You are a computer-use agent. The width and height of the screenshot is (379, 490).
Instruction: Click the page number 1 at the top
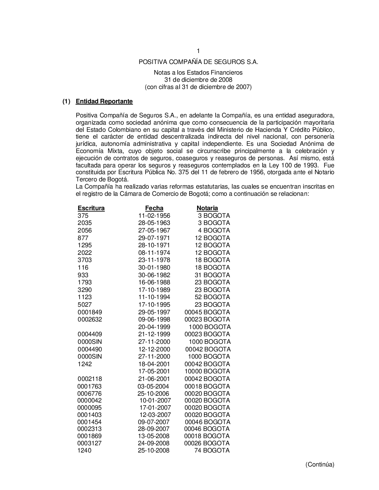click(198, 51)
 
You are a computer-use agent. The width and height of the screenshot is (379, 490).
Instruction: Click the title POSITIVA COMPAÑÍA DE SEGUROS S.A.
click(198, 62)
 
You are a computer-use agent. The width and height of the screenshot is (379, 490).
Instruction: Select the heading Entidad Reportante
click(104, 101)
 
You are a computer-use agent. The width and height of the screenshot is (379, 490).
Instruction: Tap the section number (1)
click(67, 101)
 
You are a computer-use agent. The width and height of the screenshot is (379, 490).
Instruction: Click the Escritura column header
click(91, 208)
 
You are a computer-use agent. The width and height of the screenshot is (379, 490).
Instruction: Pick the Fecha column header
click(154, 208)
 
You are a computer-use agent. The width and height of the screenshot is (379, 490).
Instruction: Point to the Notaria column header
click(207, 208)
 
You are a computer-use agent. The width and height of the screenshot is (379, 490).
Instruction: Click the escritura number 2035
click(85, 223)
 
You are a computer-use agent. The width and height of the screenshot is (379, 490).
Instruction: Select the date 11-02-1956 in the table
click(154, 216)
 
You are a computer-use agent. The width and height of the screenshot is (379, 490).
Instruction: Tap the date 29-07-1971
click(154, 238)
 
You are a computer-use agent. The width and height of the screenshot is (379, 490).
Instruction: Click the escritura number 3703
click(85, 260)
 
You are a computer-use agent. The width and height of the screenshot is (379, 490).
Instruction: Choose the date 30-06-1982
click(154, 275)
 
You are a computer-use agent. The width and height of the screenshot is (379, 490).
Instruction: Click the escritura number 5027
click(85, 305)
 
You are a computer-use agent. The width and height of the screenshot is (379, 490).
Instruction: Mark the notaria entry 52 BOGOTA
click(212, 297)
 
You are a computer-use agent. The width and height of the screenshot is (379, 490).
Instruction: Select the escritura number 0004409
click(90, 334)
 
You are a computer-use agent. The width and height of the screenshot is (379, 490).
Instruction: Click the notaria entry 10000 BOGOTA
click(207, 371)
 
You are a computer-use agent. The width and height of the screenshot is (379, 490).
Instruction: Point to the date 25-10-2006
click(153, 394)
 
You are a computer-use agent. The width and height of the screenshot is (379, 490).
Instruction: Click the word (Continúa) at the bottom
click(320, 465)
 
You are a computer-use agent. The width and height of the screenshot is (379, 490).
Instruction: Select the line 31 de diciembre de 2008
click(198, 80)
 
